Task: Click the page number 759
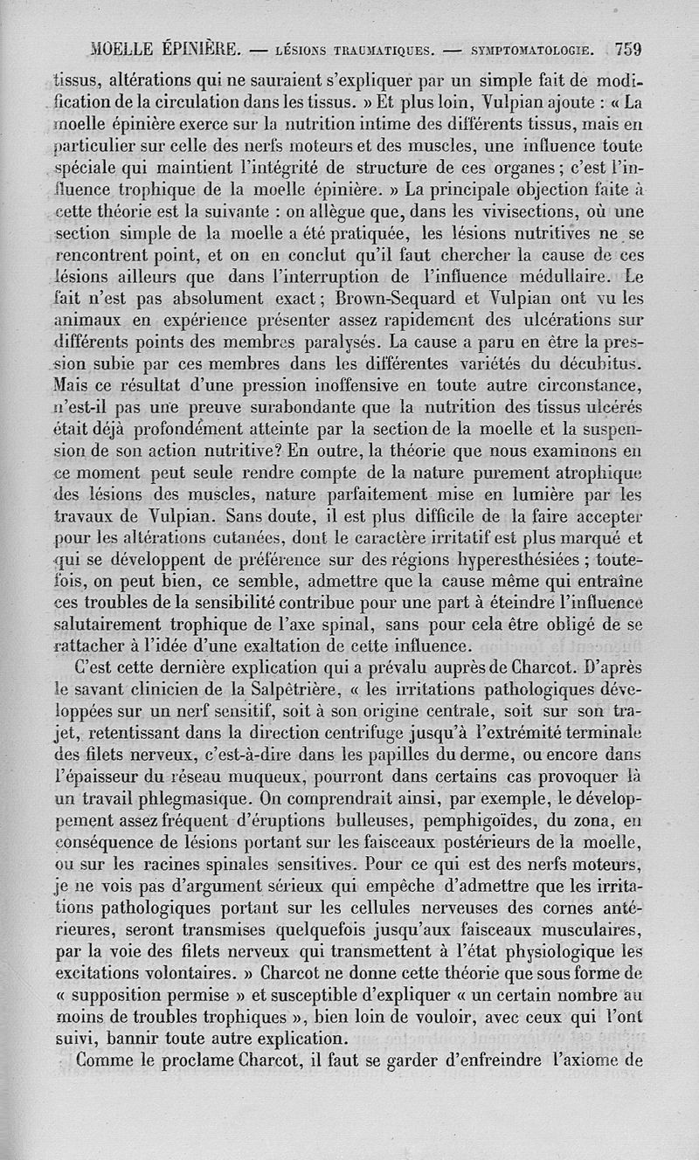[x=628, y=49]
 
